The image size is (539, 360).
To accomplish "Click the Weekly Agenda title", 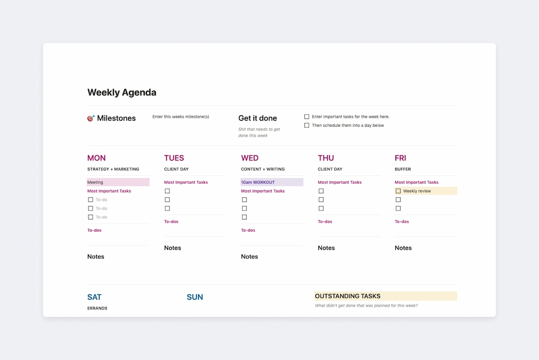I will coord(122,93).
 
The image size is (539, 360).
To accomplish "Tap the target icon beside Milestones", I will coord(91,118).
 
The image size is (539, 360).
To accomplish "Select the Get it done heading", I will coord(257,118).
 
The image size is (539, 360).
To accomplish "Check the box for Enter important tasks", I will coord(307,117).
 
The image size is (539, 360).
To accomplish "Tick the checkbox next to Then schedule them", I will coord(307,126).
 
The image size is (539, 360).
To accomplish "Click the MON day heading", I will coord(96,158).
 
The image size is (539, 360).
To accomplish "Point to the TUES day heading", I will coord(174,158).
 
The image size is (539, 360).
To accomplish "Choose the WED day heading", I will coord(250,158).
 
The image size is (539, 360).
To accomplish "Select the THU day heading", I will coord(326,158).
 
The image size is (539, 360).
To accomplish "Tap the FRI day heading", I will coord(401,158).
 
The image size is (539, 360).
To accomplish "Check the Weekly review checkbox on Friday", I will coord(398,191).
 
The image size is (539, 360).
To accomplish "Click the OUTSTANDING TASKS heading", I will coord(347,296).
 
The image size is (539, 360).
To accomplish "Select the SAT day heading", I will coord(94,297).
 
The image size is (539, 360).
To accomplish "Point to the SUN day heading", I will coord(195,297).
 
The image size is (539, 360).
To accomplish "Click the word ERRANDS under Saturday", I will coord(97,308).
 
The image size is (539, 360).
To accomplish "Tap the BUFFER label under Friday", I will coord(403,169).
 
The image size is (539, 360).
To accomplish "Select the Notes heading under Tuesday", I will coord(173,248).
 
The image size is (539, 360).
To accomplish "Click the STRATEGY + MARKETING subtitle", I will coord(113,169).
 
